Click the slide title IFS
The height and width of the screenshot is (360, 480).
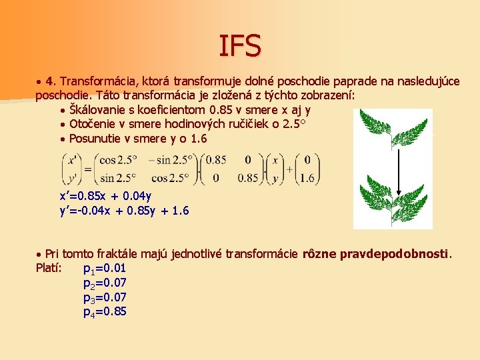coord(240,45)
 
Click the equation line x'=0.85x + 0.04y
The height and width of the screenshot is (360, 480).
coord(105,196)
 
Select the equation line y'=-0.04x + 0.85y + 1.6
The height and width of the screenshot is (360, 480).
coord(124,211)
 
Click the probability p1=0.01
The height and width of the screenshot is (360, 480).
coord(105,269)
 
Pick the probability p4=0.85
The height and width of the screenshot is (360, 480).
coord(105,311)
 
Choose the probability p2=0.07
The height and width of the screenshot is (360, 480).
coord(105,283)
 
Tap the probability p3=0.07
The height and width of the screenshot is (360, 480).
coord(105,297)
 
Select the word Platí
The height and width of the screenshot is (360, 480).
coord(49,269)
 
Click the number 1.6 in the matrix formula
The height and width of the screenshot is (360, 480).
coord(307,179)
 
